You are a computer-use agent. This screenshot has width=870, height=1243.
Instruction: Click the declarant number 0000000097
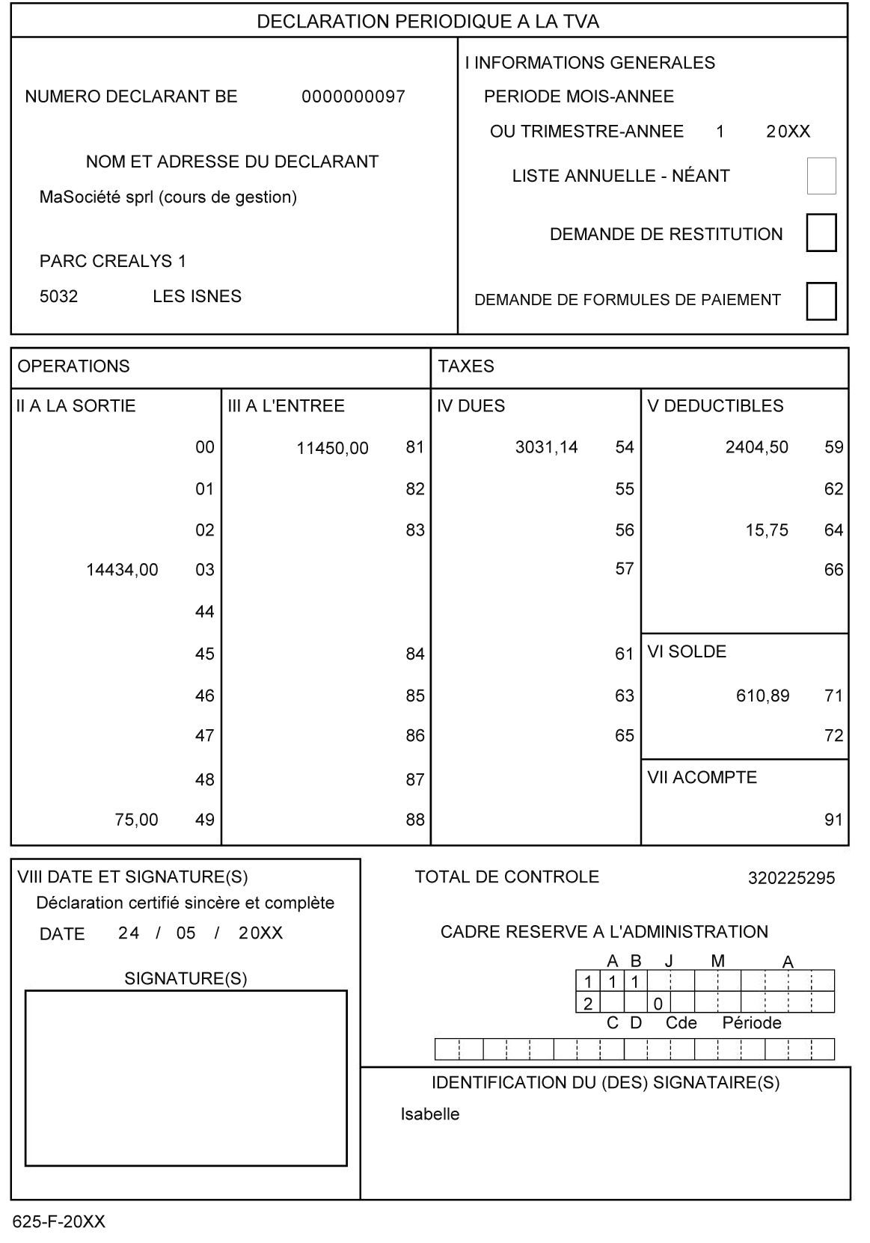pos(353,96)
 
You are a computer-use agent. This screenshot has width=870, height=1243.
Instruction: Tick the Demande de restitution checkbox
pos(821,233)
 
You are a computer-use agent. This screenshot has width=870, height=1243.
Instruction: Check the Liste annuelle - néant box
pos(821,176)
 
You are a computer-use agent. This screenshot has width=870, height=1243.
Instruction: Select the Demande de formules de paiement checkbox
pos(821,301)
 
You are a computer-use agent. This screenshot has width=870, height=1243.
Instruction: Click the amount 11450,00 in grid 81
pos(332,448)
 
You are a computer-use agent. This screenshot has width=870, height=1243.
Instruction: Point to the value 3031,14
pos(546,447)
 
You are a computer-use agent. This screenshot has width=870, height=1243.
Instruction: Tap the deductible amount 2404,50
pos(756,447)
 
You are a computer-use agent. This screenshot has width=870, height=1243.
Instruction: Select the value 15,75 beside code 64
pos(767,530)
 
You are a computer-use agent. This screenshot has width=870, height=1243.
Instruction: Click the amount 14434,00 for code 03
pos(122,570)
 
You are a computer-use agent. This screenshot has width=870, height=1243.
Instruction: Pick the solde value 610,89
pos(762,696)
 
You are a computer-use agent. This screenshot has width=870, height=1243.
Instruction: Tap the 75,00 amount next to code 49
pos(136,820)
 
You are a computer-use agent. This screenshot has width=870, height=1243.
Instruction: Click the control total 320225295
pos(791,878)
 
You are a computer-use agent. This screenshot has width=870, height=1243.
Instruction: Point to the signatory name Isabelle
pos(429,1114)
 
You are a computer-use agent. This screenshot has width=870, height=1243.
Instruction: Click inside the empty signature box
pos(186,1078)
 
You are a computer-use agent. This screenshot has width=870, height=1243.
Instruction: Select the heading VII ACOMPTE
pos(702,778)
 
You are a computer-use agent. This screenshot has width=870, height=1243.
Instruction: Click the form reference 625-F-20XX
pos(58,1222)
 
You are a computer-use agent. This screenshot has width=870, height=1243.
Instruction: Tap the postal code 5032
pos(58,297)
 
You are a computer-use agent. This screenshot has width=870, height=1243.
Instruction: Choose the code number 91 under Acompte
pos(833,820)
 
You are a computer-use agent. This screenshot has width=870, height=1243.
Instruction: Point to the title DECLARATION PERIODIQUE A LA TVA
pos(428,22)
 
